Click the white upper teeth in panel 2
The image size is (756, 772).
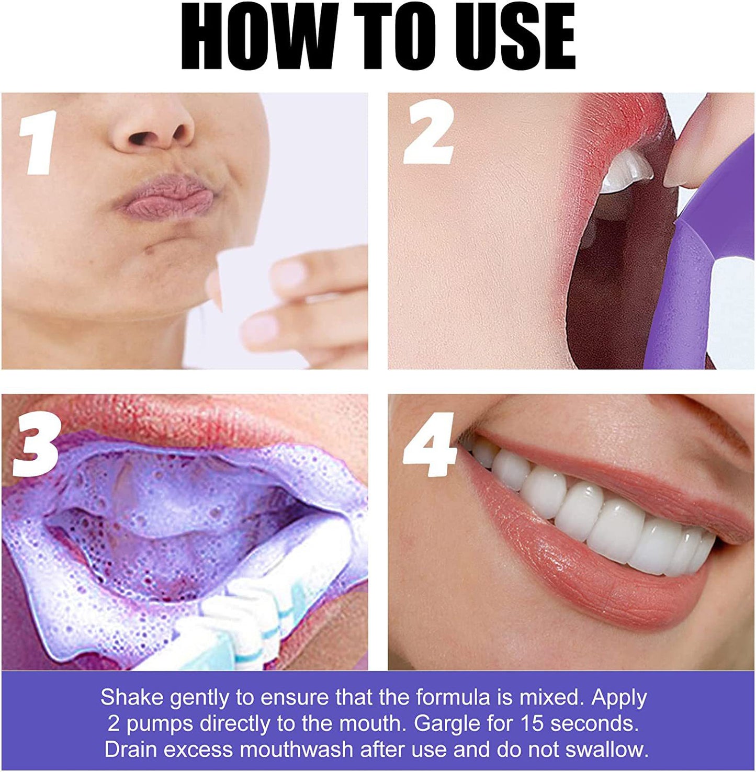(x=625, y=173)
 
